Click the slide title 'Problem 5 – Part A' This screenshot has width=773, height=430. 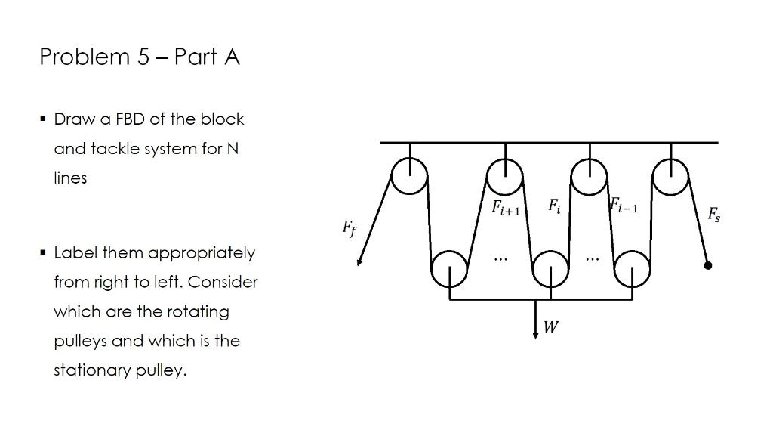[x=140, y=57]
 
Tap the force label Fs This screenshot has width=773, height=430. [x=713, y=215]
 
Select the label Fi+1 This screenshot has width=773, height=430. [x=506, y=207]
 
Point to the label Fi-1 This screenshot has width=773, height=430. [x=624, y=206]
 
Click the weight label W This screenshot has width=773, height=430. [x=551, y=327]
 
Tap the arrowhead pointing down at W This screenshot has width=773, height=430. [x=535, y=335]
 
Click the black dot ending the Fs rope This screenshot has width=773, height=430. [x=708, y=265]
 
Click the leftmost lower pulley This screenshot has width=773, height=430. [x=449, y=267]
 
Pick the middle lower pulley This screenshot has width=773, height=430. [x=551, y=267]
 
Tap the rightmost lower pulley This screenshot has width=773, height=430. [x=633, y=267]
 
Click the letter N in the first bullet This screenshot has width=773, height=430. [x=233, y=149]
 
